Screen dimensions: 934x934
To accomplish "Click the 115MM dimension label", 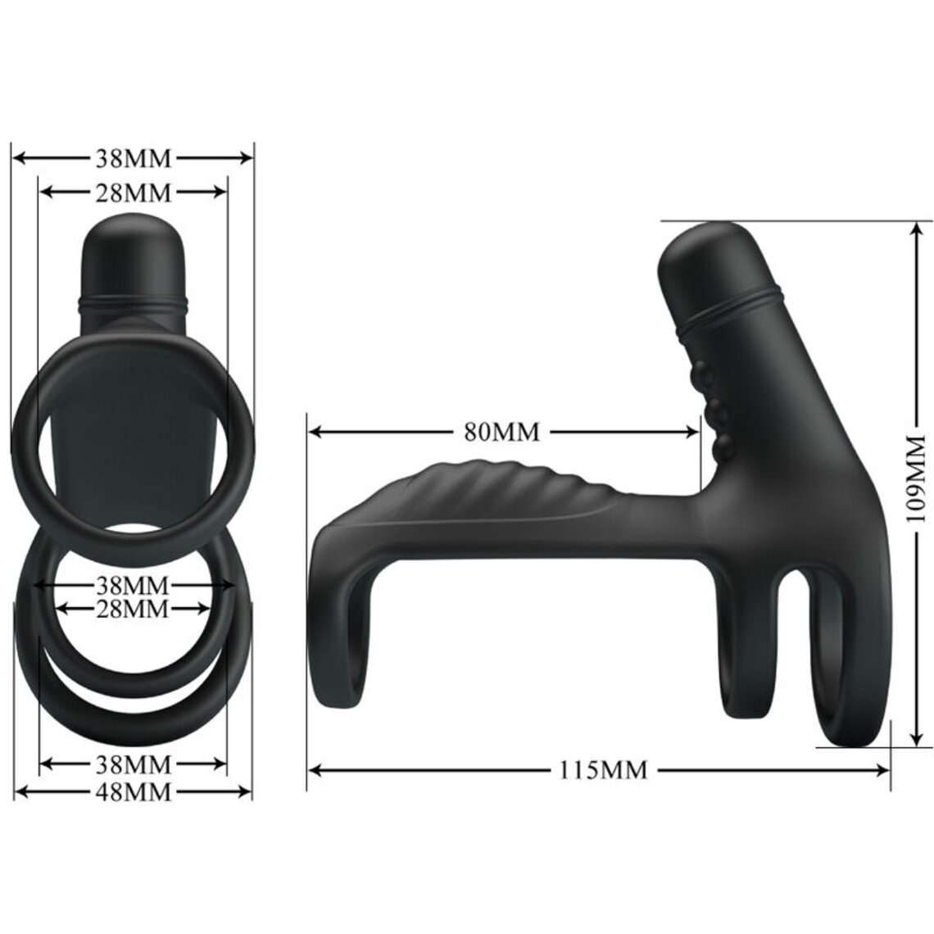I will point(604,769).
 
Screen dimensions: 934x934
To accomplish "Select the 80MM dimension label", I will point(502,432).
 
